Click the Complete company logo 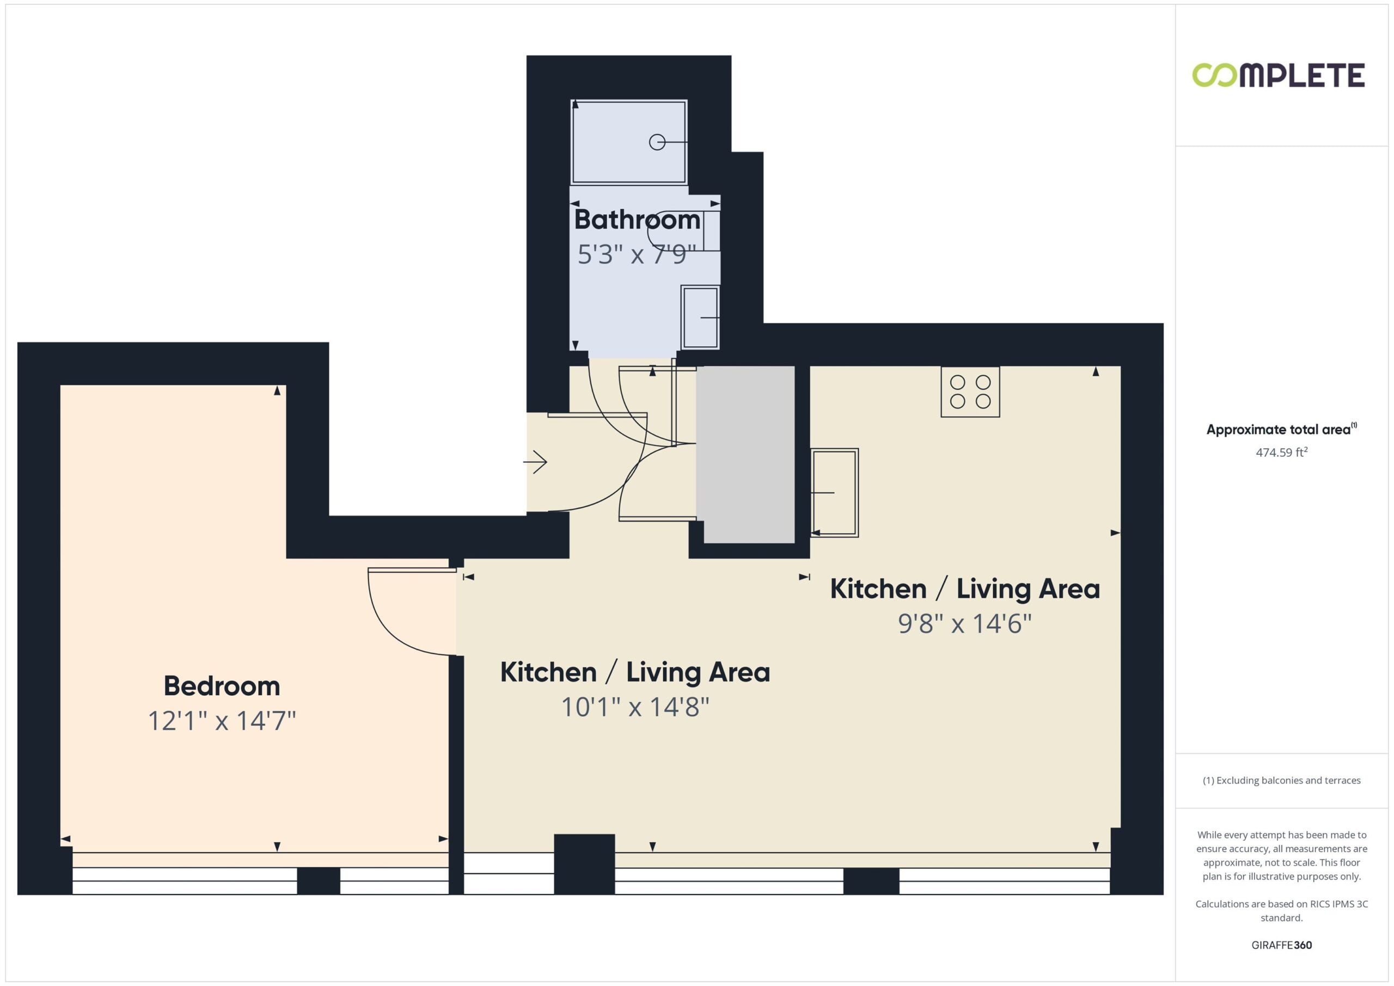click(1278, 75)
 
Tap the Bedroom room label click(222, 686)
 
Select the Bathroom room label click(637, 219)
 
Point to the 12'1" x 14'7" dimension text click(222, 721)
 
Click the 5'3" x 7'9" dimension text click(635, 254)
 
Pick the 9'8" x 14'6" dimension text click(965, 623)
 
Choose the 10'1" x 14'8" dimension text click(635, 707)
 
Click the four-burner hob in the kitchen click(970, 391)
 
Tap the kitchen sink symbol click(834, 492)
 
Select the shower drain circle click(657, 142)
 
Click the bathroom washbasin click(700, 317)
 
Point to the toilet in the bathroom click(683, 230)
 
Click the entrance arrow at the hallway click(535, 462)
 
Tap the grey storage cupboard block click(745, 454)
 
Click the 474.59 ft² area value click(1281, 452)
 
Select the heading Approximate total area click(1281, 429)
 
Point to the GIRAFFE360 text click(1282, 945)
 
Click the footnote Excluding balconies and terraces click(1282, 780)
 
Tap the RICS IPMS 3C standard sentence click(1282, 911)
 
